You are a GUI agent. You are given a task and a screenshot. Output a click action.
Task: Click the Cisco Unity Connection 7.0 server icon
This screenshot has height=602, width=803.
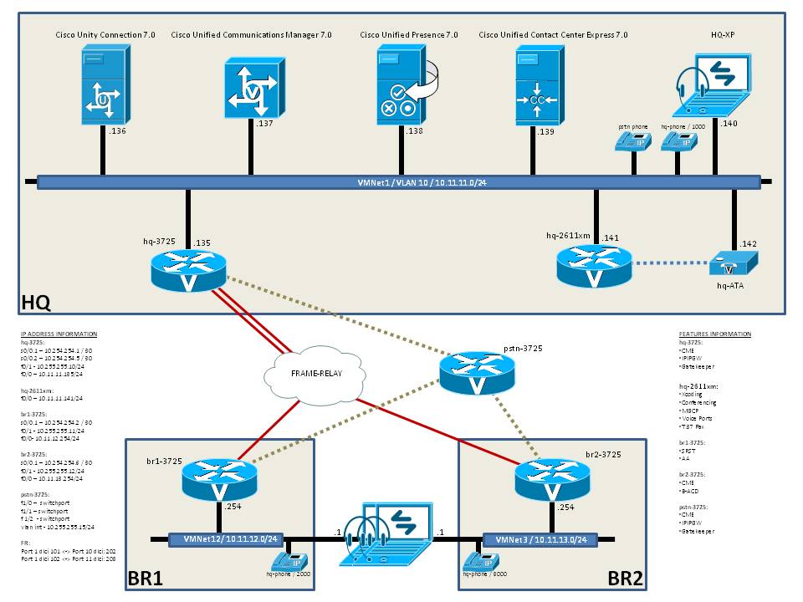pyautogui.click(x=103, y=84)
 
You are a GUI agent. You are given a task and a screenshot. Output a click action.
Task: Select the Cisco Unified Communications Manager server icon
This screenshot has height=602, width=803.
pyautogui.click(x=250, y=88)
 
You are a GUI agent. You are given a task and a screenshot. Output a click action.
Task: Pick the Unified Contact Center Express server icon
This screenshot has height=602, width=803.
pyautogui.click(x=535, y=84)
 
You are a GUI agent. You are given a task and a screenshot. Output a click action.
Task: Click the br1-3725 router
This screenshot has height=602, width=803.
pyautogui.click(x=218, y=478)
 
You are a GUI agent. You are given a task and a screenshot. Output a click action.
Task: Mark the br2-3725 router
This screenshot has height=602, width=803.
pyautogui.click(x=552, y=479)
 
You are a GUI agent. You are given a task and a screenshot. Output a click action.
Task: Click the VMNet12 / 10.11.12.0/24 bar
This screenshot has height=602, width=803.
pyautogui.click(x=223, y=540)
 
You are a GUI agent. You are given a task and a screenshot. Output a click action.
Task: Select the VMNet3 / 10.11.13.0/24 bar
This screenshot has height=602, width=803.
pyautogui.click(x=540, y=540)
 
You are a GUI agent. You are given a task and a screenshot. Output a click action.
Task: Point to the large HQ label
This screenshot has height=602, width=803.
pyautogui.click(x=36, y=299)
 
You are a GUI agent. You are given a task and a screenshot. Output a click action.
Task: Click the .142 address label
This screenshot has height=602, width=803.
pyautogui.click(x=748, y=243)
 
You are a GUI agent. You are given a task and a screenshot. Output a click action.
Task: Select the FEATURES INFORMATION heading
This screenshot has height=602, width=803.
pyautogui.click(x=714, y=334)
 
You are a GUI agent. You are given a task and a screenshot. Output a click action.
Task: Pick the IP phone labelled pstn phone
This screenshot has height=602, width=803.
pyautogui.click(x=632, y=142)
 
